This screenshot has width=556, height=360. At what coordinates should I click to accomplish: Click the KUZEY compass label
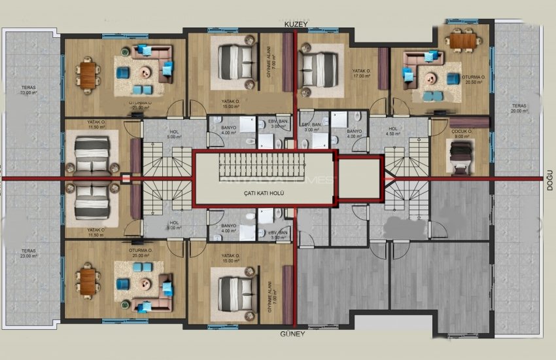(296, 24)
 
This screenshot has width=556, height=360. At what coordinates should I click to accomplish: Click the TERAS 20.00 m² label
(519, 108)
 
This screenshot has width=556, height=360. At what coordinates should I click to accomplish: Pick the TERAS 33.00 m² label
(27, 90)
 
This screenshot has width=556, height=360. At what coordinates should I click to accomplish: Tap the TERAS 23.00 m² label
(27, 253)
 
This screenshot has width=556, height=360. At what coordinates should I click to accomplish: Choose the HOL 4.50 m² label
(393, 132)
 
